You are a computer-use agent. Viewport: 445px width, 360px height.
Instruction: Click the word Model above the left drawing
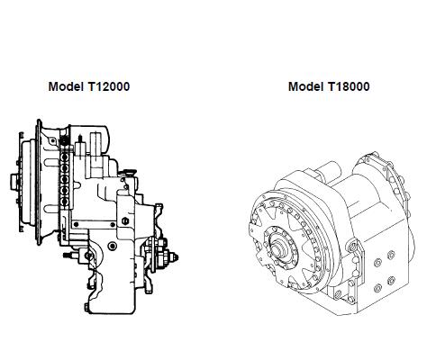click(66, 86)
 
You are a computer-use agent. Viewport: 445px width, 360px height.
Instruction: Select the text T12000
click(109, 86)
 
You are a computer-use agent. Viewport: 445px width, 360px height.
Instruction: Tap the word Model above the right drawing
click(305, 86)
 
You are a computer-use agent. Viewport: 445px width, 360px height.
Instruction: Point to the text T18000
click(349, 86)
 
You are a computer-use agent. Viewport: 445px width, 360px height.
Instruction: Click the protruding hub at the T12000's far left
click(14, 182)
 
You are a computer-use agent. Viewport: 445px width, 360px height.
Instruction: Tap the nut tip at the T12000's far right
click(175, 257)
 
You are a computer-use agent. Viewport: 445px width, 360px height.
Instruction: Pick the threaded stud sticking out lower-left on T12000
click(68, 256)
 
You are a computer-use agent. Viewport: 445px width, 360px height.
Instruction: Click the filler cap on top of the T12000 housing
click(129, 172)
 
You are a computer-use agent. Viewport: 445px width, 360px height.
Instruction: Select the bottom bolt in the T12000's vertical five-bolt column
click(64, 201)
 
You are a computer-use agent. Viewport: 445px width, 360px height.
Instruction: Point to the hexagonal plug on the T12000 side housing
click(125, 221)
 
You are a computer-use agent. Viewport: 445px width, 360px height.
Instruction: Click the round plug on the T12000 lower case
click(113, 246)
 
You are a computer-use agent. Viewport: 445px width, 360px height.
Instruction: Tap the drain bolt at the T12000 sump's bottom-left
click(86, 307)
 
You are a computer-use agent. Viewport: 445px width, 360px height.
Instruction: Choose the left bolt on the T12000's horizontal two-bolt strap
click(76, 224)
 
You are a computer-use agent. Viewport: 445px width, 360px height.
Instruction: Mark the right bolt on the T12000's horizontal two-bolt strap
click(113, 224)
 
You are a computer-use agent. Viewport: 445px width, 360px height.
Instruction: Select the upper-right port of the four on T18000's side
click(391, 256)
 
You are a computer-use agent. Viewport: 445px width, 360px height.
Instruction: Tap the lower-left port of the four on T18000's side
click(378, 288)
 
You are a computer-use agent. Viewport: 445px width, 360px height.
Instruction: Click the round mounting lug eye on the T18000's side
click(351, 247)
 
